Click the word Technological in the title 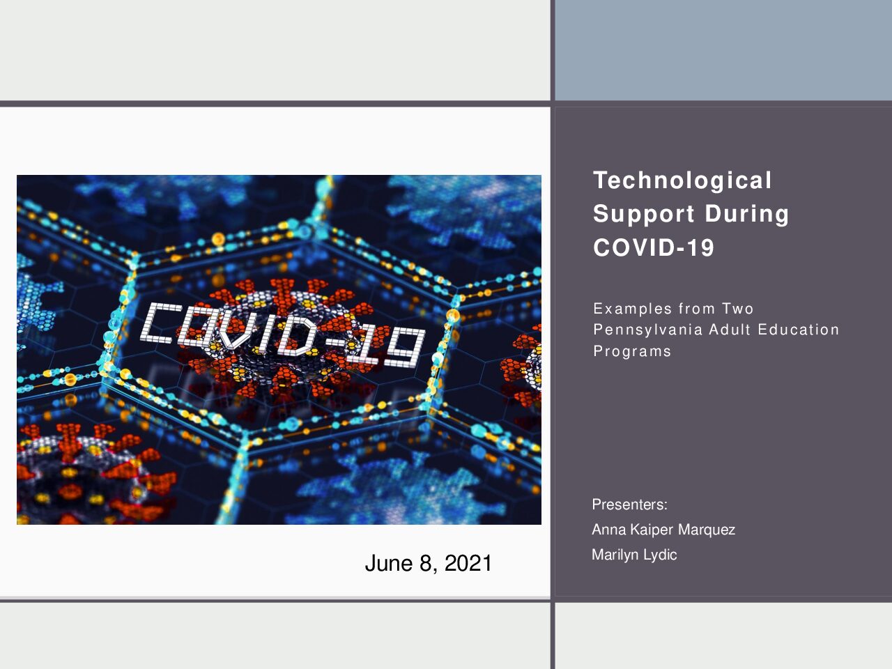pos(682,180)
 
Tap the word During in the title pos(747,214)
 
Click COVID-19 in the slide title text pos(654,247)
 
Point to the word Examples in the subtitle pos(632,309)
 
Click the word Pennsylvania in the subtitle pos(648,330)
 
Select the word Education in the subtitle pos(798,330)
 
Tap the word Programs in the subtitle pos(632,351)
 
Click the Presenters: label pos(629,505)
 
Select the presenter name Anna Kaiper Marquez pos(663,530)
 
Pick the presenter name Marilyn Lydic pos(634,555)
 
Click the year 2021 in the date pos(468,563)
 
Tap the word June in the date pos(389,563)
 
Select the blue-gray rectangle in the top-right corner pos(723,50)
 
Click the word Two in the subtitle pos(737,309)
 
